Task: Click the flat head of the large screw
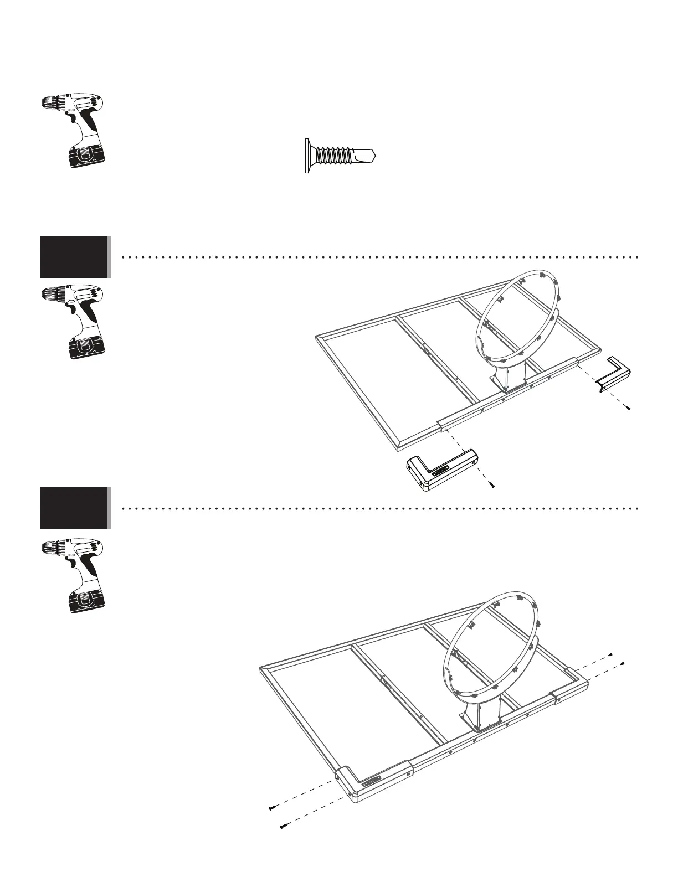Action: point(307,156)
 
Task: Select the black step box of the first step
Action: point(74,256)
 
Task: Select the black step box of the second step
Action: point(74,508)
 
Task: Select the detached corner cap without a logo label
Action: point(614,374)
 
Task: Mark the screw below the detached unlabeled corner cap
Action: point(629,408)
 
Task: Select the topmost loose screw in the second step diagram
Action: point(610,654)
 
